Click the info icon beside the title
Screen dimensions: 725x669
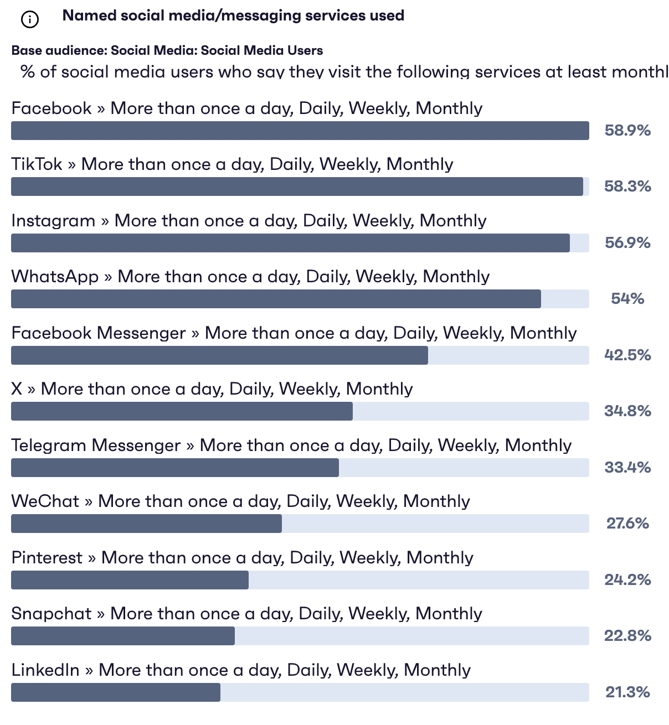click(29, 20)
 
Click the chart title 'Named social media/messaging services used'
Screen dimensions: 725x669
click(233, 15)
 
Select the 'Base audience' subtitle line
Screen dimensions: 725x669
click(167, 50)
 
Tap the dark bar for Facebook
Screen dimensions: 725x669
click(300, 131)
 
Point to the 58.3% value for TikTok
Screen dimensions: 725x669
click(627, 187)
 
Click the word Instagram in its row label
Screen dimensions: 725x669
click(53, 221)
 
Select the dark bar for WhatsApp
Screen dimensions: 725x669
click(276, 299)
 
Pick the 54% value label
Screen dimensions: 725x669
click(627, 299)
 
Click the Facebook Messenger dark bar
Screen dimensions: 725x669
click(219, 355)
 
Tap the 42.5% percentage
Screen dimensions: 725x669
click(627, 355)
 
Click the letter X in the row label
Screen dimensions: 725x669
click(17, 389)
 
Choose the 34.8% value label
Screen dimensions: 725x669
click(627, 411)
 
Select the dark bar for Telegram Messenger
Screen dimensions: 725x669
click(175, 468)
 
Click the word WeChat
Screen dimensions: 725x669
click(45, 501)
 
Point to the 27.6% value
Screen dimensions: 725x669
click(627, 524)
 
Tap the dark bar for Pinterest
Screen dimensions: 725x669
click(130, 580)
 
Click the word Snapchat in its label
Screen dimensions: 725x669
click(52, 614)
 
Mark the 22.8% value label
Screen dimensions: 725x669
click(627, 636)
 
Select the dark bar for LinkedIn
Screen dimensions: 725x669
click(116, 692)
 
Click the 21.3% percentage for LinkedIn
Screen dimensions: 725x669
click(627, 692)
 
